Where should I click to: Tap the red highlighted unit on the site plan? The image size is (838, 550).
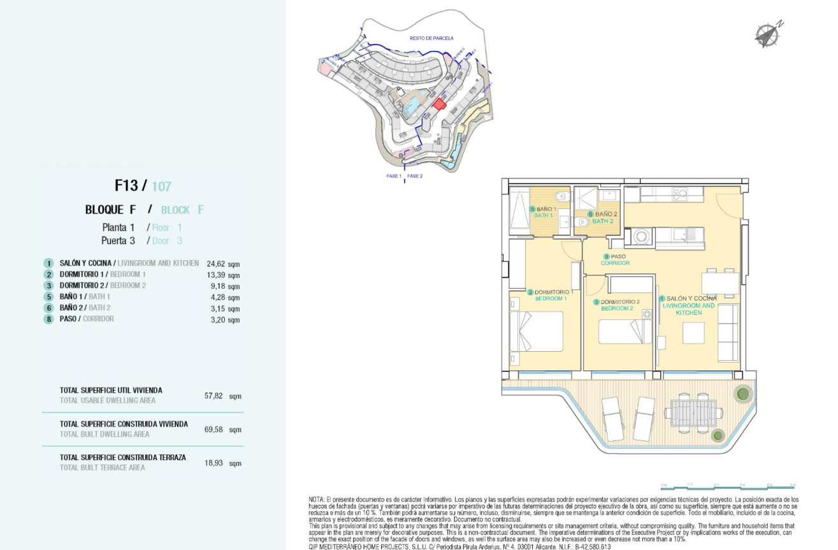pos(438,104)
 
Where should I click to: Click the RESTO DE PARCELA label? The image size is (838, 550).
pos(431,38)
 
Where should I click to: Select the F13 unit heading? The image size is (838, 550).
pos(126,185)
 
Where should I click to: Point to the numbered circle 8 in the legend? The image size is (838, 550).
pos(48,319)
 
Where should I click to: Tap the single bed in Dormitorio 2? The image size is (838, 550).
pos(625,331)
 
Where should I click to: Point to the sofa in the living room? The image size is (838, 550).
pos(728,332)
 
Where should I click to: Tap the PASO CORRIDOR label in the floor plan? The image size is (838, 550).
pos(615,260)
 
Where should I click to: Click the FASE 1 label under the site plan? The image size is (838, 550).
pos(393,176)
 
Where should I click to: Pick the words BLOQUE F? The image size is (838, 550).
pos(111,210)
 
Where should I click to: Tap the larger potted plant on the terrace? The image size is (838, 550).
pos(742,393)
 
